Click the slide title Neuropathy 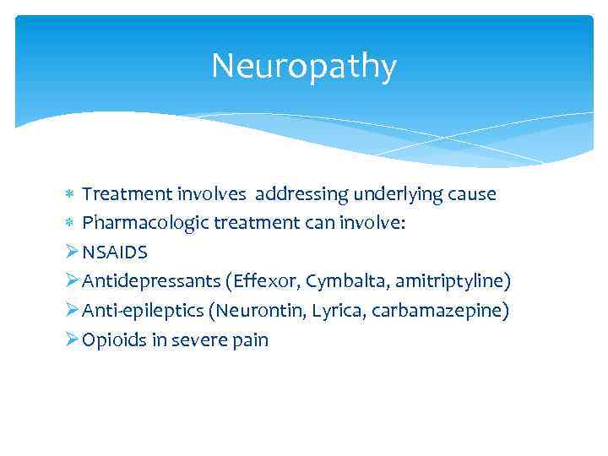(x=303, y=67)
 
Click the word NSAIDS (x=115, y=252)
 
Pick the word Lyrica (x=336, y=311)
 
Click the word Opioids (x=112, y=340)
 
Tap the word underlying (x=397, y=194)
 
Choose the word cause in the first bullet (x=473, y=194)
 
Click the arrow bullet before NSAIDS (x=72, y=252)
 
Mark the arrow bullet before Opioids (x=72, y=339)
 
